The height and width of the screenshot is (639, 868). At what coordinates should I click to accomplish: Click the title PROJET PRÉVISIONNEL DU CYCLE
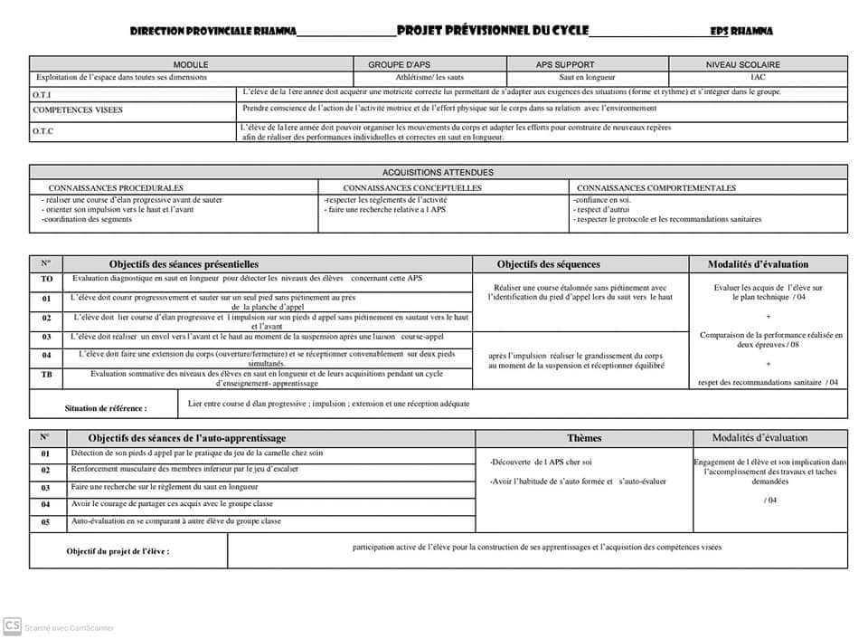(492, 30)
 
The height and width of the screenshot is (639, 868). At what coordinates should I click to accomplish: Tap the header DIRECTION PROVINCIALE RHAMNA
(212, 32)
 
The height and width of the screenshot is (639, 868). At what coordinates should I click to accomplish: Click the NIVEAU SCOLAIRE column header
(759, 64)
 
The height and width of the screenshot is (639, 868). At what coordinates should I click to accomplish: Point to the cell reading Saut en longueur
(587, 78)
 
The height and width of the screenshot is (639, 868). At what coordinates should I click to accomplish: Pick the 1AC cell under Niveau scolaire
(758, 78)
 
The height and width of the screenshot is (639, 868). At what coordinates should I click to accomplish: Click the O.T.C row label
(43, 131)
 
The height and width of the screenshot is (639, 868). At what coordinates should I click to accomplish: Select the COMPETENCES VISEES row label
(78, 110)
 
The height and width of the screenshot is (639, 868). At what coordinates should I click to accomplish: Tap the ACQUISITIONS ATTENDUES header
(438, 172)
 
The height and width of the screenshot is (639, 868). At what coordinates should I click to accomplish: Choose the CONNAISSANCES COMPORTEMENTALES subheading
(656, 188)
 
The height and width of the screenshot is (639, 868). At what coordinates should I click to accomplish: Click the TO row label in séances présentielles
(46, 280)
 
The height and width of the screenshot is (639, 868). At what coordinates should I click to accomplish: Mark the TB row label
(46, 374)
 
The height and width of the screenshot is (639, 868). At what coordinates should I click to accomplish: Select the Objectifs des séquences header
(548, 264)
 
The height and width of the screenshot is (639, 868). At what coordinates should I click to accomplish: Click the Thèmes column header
(583, 438)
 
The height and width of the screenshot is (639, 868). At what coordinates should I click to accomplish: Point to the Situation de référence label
(106, 408)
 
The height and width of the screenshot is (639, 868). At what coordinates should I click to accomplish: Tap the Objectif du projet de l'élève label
(118, 550)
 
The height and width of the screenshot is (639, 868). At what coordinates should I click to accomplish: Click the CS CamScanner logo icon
(13, 625)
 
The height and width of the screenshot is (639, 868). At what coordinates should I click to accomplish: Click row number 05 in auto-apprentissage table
(46, 521)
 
